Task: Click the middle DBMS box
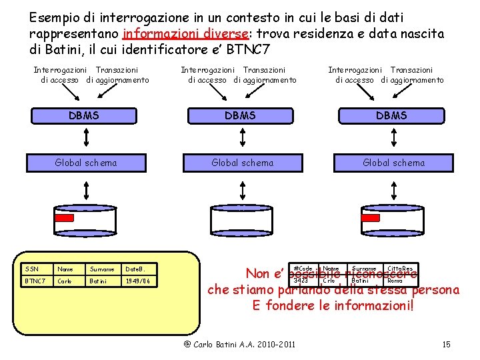[241, 115]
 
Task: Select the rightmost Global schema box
[393, 162]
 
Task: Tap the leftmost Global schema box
[86, 162]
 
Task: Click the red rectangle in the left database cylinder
[64, 217]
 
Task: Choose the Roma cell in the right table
[395, 280]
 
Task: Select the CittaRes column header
[400, 268]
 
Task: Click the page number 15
[447, 344]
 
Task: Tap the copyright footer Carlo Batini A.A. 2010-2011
[239, 344]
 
